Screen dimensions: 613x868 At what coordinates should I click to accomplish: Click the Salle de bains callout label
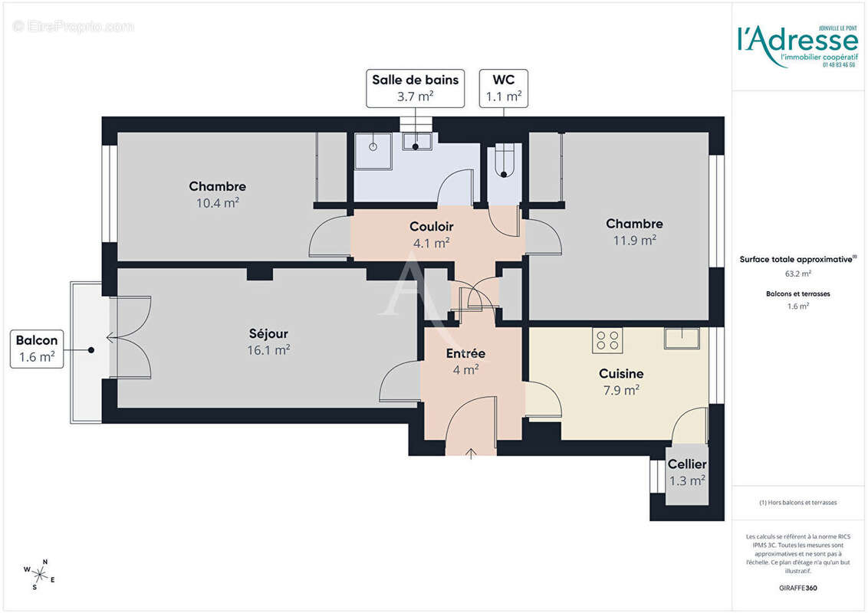tap(415, 87)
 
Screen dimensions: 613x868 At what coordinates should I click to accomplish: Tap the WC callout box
tap(504, 87)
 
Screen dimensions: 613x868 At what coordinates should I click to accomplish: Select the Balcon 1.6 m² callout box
tap(36, 349)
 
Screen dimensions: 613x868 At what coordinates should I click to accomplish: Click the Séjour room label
tap(268, 333)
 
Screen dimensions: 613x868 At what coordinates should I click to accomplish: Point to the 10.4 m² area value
tap(217, 203)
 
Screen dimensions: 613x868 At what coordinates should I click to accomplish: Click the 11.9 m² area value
tap(634, 240)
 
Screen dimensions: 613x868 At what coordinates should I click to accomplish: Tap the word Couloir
tap(431, 227)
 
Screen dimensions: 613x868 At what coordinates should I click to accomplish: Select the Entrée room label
tap(465, 353)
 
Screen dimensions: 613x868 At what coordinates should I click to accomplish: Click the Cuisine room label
tap(621, 373)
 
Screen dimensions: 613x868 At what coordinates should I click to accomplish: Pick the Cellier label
tap(687, 464)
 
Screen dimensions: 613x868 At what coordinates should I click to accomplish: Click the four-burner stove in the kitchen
tap(607, 339)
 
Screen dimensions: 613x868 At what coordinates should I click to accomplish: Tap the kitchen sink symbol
tap(682, 338)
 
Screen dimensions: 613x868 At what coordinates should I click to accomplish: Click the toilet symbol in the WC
tap(504, 162)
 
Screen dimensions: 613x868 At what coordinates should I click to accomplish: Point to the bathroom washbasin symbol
tap(417, 141)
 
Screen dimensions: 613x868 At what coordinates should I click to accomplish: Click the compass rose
tap(39, 572)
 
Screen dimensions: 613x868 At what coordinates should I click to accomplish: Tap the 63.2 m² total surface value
tap(797, 273)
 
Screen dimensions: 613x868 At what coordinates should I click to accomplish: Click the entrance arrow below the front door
tap(471, 454)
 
